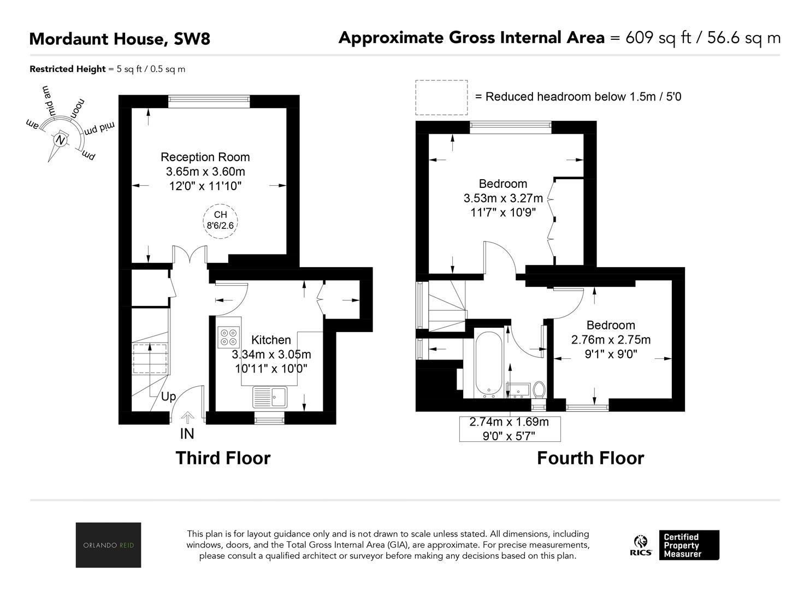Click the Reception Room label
[x=205, y=157]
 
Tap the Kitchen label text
[x=271, y=340]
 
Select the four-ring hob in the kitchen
[x=229, y=337]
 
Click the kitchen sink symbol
[x=270, y=397]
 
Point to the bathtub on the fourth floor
[x=488, y=364]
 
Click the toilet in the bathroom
[x=539, y=390]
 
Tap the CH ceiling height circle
[x=220, y=221]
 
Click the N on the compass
[x=60, y=140]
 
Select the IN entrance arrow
[x=187, y=418]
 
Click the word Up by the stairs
[x=169, y=397]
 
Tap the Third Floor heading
[x=223, y=458]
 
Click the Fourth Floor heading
[x=590, y=458]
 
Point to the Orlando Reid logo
[x=109, y=545]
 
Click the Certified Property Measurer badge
[x=689, y=545]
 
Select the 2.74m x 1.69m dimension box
[x=510, y=429]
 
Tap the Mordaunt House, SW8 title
[x=120, y=39]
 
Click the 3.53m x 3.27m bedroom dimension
[x=503, y=198]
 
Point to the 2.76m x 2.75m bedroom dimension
[x=611, y=340]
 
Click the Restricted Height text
[x=68, y=69]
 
